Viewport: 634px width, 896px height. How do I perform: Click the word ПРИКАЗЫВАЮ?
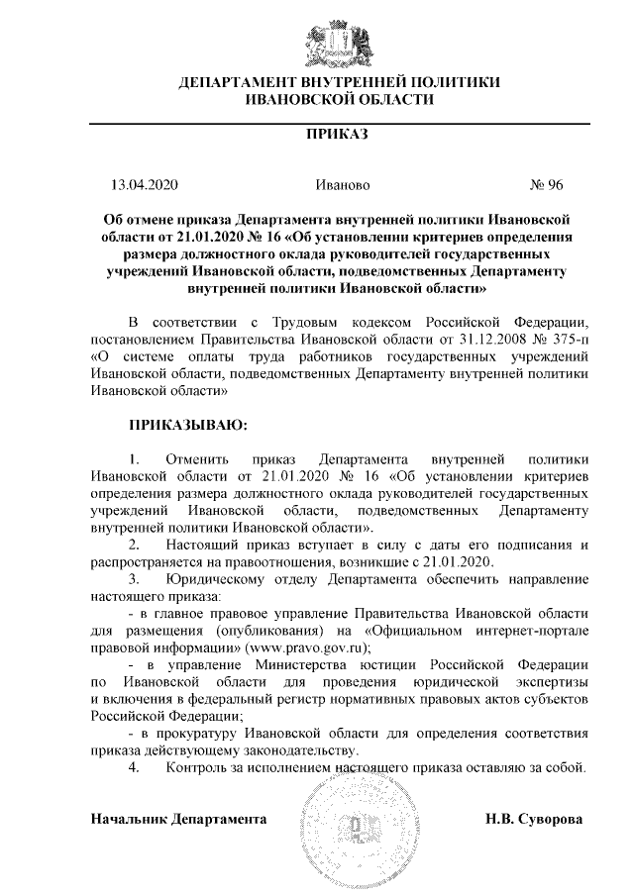pyautogui.click(x=187, y=426)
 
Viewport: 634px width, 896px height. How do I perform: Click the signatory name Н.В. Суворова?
pyautogui.click(x=534, y=820)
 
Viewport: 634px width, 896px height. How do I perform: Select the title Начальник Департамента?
pyautogui.click(x=178, y=820)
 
